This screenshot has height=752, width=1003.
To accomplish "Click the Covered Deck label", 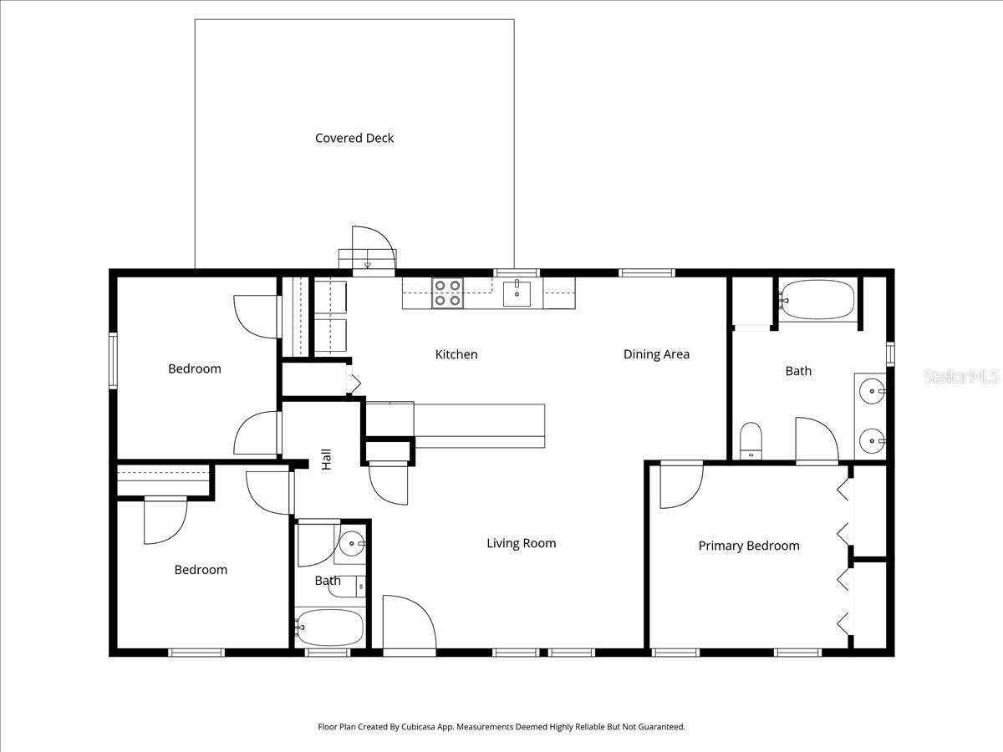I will pos(354,138).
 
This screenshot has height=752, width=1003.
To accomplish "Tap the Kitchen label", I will pos(456,354).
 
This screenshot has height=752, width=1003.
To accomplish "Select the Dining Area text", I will pos(656,354).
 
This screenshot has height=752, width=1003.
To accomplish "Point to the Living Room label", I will pos(521,543).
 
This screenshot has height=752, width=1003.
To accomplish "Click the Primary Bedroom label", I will pos(749,546).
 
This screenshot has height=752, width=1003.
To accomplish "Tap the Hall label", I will pos(327,459).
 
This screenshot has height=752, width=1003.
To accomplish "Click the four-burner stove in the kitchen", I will pos(447,293).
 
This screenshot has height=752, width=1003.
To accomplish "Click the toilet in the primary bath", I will pos(751,440).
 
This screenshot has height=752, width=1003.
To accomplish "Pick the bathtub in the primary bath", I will pos(817,298).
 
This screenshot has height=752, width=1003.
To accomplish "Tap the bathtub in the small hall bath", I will pos(330,628).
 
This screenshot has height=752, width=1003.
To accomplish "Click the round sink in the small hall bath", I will pos(353,544).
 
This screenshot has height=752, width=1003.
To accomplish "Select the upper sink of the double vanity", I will pos(871,390).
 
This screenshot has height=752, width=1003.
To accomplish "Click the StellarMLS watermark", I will pos(961,377).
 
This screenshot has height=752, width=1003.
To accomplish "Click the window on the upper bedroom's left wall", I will pos(113,360).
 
